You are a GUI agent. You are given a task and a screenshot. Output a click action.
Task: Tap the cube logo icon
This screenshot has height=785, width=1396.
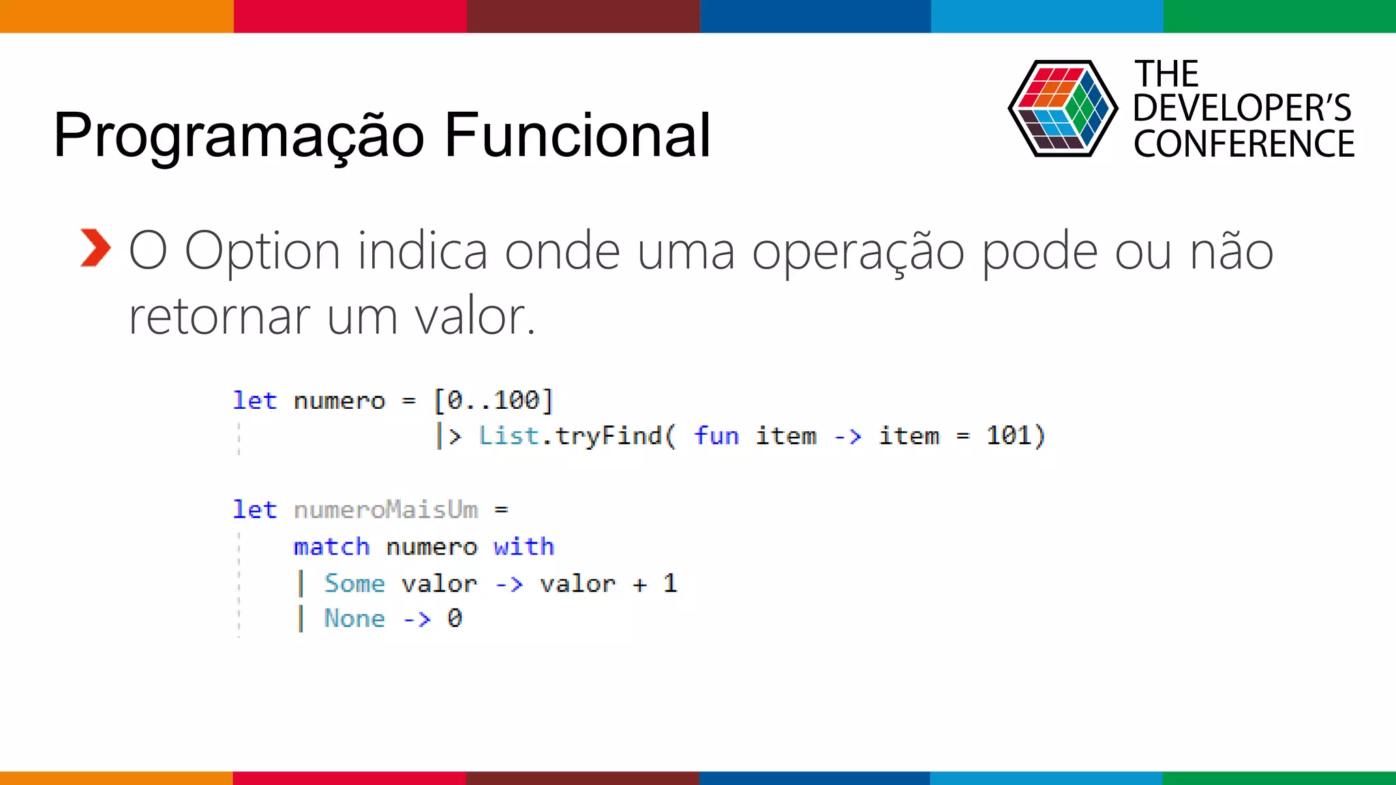[x=1062, y=109]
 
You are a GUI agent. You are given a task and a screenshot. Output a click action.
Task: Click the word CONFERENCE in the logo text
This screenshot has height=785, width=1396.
[x=1243, y=144]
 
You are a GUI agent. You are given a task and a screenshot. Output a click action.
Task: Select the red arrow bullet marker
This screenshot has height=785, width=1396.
[x=95, y=248]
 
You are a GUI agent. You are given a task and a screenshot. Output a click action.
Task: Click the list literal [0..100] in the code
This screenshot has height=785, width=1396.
[x=494, y=401]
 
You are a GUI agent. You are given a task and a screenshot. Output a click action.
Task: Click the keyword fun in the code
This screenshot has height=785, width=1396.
[x=716, y=436]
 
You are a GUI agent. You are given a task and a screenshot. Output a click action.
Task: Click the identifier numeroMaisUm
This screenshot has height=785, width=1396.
[x=386, y=510]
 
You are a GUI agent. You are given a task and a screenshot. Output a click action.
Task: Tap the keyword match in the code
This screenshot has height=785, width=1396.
[x=331, y=547]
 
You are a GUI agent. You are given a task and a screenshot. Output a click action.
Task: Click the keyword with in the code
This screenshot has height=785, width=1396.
[x=523, y=547]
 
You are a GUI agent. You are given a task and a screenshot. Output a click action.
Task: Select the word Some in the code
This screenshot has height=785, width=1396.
[x=354, y=583]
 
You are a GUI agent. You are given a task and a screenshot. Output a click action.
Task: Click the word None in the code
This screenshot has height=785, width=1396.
[x=354, y=619]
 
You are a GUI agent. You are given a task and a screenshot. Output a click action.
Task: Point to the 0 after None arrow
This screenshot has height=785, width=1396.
[x=455, y=619]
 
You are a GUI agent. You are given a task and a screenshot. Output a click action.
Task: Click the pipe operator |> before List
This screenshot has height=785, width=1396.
[x=449, y=436]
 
